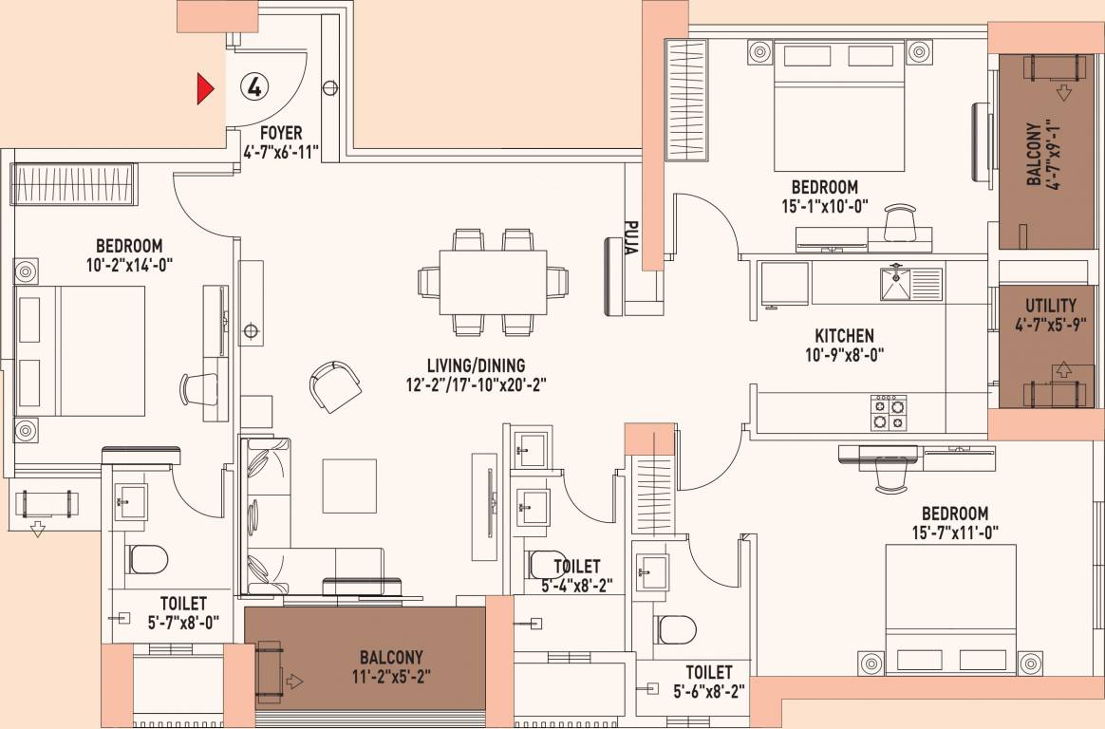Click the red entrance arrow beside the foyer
click(204, 88)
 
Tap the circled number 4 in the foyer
click(254, 86)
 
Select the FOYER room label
click(280, 133)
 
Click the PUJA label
click(631, 237)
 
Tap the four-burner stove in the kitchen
click(888, 412)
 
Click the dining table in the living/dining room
click(494, 283)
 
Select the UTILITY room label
click(1050, 306)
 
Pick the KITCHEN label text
click(844, 336)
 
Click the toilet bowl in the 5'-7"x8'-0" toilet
click(148, 560)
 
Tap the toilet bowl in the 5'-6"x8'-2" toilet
click(677, 629)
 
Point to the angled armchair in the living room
click(335, 386)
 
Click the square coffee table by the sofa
click(349, 486)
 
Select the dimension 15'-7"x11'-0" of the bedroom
click(955, 533)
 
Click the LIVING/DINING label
click(476, 365)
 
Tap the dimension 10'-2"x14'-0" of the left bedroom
click(130, 264)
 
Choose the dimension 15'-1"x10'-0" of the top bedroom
click(825, 206)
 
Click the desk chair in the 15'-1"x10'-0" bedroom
click(900, 222)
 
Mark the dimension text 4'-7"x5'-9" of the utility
click(1051, 326)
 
